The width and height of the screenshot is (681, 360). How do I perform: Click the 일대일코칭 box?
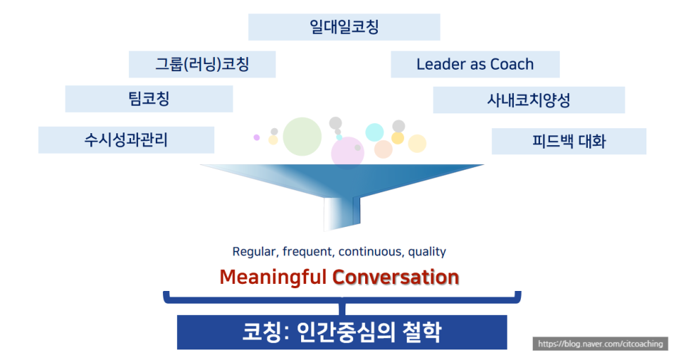pyautogui.click(x=344, y=27)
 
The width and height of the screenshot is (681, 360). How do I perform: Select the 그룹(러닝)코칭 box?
pyautogui.click(x=202, y=64)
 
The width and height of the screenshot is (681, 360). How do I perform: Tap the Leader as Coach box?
pyautogui.click(x=475, y=64)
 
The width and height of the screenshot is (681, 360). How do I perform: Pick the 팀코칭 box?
pyautogui.click(x=149, y=99)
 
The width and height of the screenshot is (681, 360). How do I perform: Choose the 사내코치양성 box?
pyautogui.click(x=529, y=100)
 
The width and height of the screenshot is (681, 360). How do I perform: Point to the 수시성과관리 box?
pyautogui.click(x=126, y=139)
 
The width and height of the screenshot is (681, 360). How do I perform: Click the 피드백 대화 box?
pyautogui.click(x=569, y=141)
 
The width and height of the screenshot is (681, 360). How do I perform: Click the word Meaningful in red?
pyautogui.click(x=273, y=277)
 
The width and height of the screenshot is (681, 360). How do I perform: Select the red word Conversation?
pyautogui.click(x=395, y=277)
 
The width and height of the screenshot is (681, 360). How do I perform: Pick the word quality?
pyautogui.click(x=427, y=252)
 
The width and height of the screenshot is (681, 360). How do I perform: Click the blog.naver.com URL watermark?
pyautogui.click(x=600, y=344)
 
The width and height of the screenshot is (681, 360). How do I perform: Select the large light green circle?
pyautogui.click(x=302, y=137)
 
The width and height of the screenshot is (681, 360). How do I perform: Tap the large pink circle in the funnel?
pyautogui.click(x=348, y=153)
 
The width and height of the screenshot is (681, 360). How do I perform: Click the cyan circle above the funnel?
pyautogui.click(x=374, y=132)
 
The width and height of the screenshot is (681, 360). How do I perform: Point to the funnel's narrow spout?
pyautogui.click(x=342, y=213)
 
